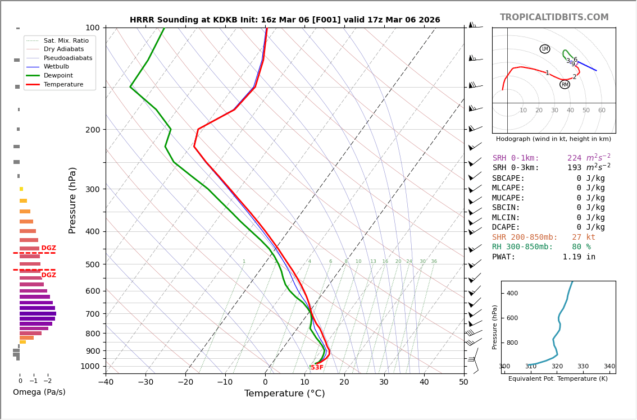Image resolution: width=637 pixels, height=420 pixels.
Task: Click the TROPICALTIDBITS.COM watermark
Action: click(554, 17)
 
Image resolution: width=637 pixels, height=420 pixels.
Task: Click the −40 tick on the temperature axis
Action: click(106, 383)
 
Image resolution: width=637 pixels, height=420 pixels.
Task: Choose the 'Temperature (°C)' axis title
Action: click(284, 394)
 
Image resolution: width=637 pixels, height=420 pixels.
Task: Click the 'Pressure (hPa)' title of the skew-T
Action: click(72, 200)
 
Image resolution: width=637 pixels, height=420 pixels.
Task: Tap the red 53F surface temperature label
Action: click(317, 368)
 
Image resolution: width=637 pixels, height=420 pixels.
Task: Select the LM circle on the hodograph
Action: click(545, 49)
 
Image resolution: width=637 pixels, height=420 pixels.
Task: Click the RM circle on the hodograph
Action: click(565, 85)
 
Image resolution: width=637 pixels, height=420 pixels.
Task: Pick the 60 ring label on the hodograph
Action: click(602, 111)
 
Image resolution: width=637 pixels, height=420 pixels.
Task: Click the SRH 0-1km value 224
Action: click(575, 158)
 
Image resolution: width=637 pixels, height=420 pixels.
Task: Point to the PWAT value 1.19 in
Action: click(579, 257)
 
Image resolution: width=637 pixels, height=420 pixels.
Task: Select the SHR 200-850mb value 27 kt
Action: click(583, 238)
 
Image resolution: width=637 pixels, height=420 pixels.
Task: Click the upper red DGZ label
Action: click(49, 248)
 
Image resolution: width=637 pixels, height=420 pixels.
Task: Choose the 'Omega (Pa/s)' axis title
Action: click(39, 392)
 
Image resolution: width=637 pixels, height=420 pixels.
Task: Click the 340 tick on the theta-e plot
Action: click(609, 367)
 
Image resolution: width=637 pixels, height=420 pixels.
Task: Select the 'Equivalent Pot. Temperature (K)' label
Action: click(558, 379)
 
